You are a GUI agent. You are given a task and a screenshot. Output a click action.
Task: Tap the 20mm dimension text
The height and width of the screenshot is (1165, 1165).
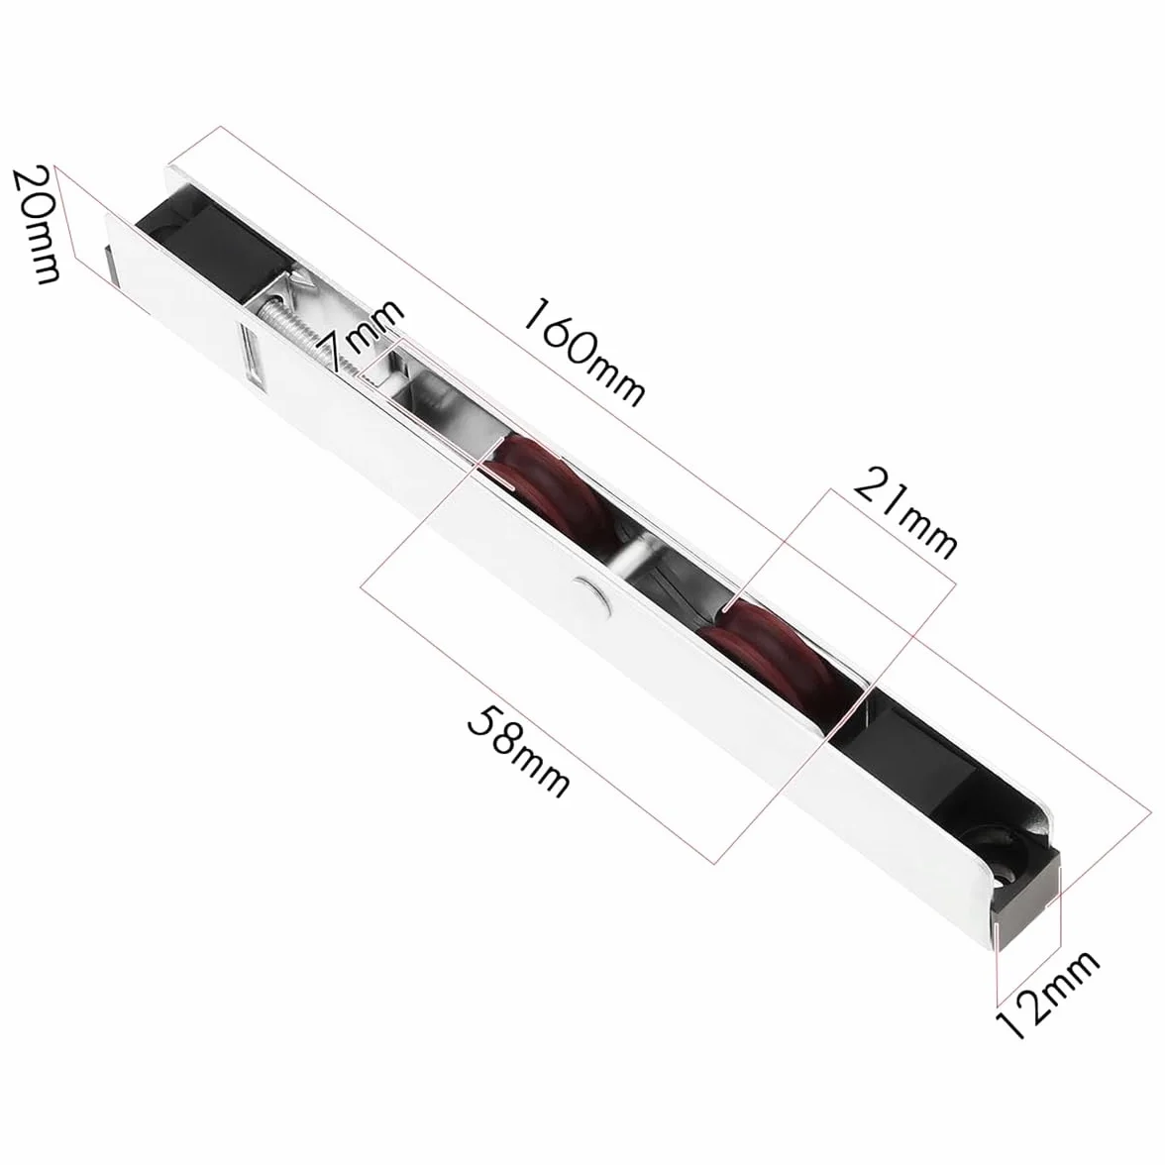[x=37, y=224]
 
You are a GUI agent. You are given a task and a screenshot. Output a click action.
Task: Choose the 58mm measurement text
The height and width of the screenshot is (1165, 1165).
[x=519, y=751]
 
